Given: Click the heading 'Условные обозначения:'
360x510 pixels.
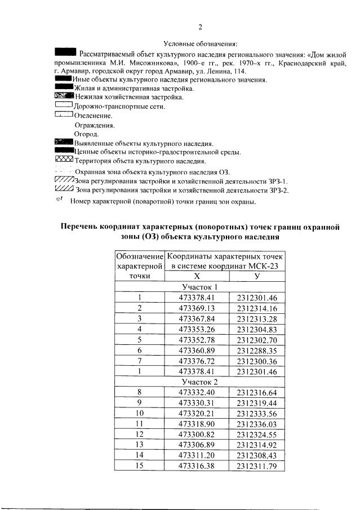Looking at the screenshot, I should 201,43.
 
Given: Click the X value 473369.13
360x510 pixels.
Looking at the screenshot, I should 197,308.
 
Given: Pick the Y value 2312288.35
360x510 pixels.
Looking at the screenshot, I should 257,350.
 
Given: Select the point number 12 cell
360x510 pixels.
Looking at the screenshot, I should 139,434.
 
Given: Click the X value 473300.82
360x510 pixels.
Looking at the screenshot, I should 197,434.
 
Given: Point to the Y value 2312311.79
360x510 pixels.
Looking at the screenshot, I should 257,465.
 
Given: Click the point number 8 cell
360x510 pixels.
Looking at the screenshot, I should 139,392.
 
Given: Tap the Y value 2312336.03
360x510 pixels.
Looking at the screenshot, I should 257,424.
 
